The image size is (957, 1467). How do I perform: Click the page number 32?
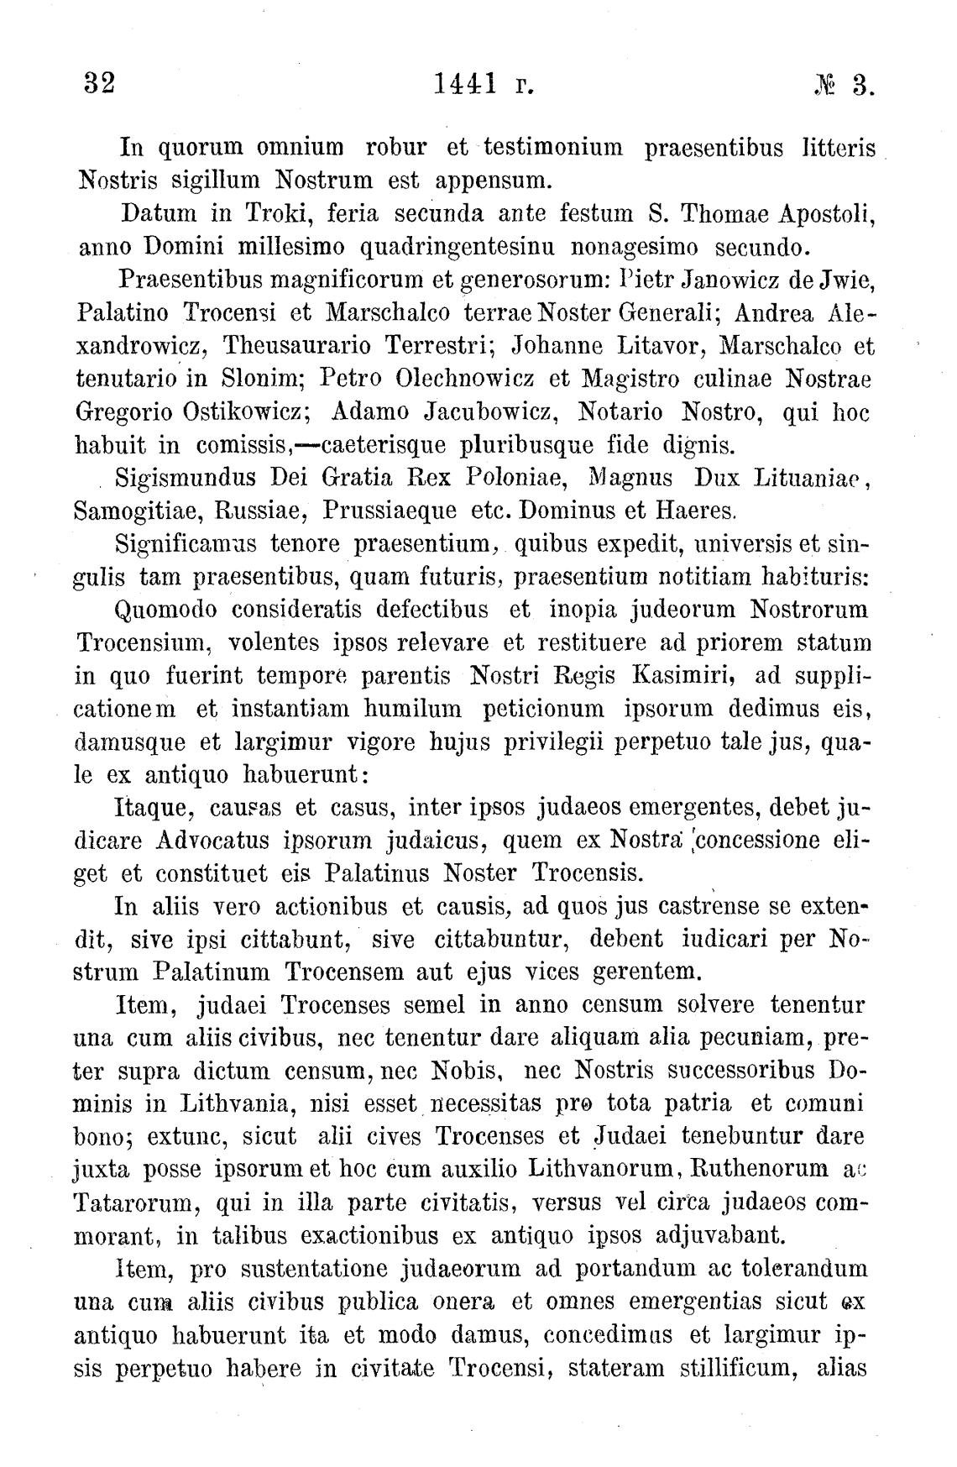pyautogui.click(x=98, y=84)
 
